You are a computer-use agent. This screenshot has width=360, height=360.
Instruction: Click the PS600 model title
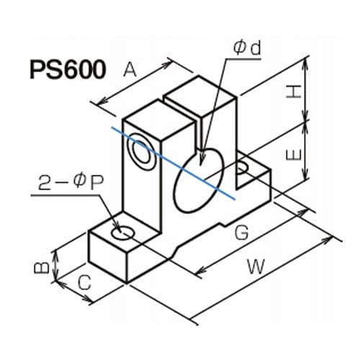click(x=68, y=70)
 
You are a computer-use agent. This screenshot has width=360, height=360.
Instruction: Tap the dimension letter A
click(x=130, y=69)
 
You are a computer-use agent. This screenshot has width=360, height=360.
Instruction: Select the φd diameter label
click(x=247, y=48)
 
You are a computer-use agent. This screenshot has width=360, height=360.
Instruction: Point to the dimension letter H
click(x=294, y=91)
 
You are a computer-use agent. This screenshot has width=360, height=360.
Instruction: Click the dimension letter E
click(x=294, y=154)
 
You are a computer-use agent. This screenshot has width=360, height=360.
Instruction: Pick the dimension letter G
click(x=241, y=233)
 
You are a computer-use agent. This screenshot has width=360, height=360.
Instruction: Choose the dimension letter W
click(x=256, y=266)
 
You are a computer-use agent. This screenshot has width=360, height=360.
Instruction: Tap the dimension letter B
click(x=42, y=267)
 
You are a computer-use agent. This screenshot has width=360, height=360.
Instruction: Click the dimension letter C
click(x=84, y=282)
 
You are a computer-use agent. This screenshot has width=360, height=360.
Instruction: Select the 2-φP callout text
click(x=71, y=184)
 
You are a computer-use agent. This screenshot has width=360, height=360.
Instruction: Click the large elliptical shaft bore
click(x=199, y=180)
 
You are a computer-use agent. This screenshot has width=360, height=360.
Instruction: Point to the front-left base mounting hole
click(x=123, y=233)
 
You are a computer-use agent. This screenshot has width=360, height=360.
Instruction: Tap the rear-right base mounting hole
click(x=242, y=166)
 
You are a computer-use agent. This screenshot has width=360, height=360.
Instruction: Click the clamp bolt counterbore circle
click(x=142, y=152)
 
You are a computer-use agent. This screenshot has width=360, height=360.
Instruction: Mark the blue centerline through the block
click(x=173, y=163)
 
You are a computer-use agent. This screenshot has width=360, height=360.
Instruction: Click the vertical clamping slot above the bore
click(x=197, y=137)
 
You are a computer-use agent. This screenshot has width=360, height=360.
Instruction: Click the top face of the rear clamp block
click(x=199, y=96)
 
